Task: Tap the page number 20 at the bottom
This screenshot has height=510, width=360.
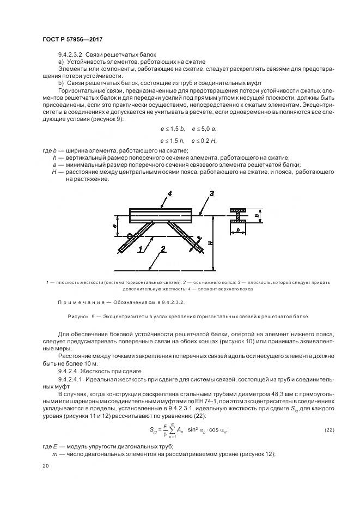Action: coord(46,466)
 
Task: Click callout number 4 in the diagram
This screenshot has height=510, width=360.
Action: coord(170,193)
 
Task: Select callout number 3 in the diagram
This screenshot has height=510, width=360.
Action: coord(212,194)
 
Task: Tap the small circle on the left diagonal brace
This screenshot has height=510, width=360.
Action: coord(129,236)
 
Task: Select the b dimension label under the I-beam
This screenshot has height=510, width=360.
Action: coord(239,230)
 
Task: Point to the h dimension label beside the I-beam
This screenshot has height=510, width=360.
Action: coord(255,215)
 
